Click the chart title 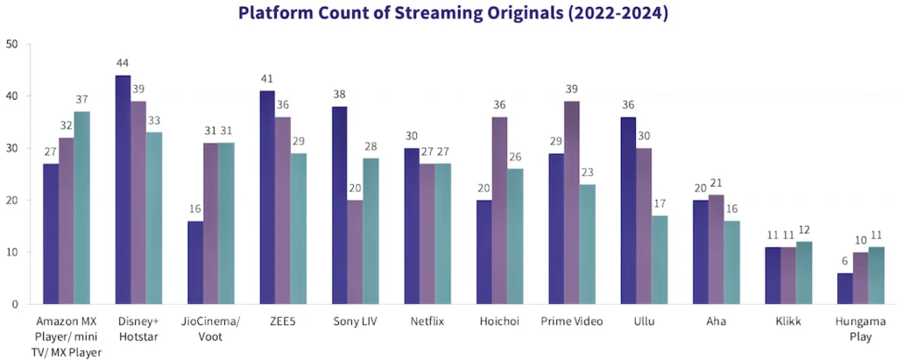tap(448, 13)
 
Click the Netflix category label tap(427, 321)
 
